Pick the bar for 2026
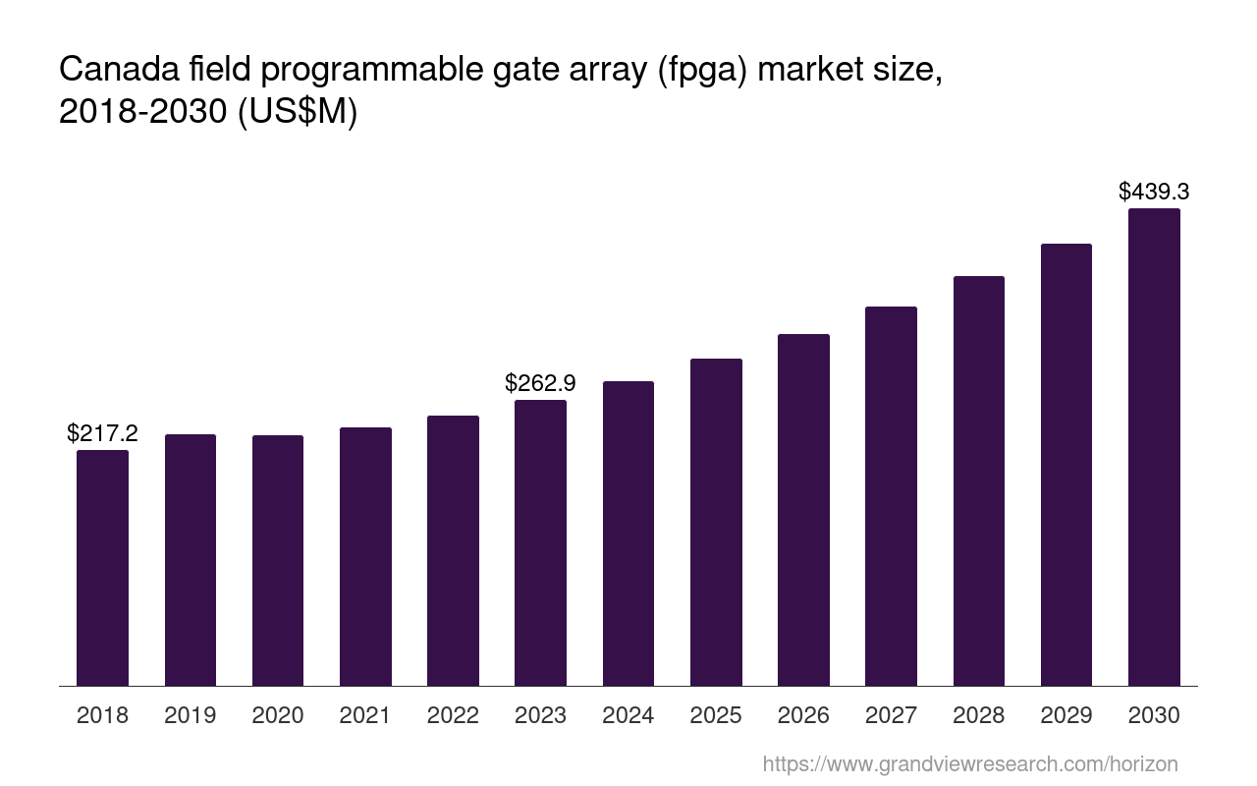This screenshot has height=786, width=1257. (803, 510)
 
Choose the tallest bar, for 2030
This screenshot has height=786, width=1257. (1154, 447)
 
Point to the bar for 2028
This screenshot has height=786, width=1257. (978, 480)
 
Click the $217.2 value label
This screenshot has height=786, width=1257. (102, 433)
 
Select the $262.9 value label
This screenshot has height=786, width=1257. (540, 383)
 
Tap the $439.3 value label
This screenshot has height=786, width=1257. (1154, 192)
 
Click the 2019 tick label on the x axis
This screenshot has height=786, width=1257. (191, 715)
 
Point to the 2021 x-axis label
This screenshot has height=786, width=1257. (365, 715)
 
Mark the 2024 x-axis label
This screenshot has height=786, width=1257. (628, 715)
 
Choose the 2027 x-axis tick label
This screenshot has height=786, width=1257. (891, 715)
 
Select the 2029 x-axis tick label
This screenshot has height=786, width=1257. (1066, 715)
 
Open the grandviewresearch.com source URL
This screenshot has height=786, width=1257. (969, 763)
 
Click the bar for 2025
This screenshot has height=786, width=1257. (716, 522)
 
